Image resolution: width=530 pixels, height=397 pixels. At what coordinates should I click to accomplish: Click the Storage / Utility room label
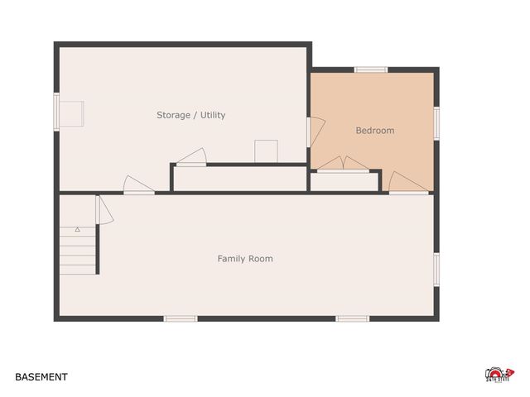190,115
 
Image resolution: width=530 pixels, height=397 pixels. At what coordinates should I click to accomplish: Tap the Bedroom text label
374,130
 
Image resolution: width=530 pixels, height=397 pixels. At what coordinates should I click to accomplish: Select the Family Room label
244,259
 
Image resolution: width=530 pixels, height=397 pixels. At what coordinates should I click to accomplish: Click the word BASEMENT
41,377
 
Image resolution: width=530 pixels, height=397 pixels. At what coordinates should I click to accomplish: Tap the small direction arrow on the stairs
77,228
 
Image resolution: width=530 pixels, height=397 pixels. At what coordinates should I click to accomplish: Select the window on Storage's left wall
57,112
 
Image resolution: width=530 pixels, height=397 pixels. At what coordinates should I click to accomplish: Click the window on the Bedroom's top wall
371,69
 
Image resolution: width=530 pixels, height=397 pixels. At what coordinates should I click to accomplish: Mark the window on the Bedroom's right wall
436,121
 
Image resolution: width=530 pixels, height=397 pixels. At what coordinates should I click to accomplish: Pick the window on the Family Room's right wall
436,269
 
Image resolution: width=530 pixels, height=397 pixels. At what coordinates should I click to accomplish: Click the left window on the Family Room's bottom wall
180,318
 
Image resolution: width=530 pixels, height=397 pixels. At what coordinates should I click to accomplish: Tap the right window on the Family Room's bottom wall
352,318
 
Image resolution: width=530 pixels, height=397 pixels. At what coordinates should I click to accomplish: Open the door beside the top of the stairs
102,209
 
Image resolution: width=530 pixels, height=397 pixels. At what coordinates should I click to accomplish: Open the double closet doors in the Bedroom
344,165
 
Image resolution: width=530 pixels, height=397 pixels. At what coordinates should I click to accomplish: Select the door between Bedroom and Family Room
408,183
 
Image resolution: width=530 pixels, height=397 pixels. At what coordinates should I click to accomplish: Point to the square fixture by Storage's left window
71,113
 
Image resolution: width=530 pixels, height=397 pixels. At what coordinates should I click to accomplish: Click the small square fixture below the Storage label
266,151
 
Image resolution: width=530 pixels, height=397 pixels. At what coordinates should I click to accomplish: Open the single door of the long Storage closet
191,157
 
